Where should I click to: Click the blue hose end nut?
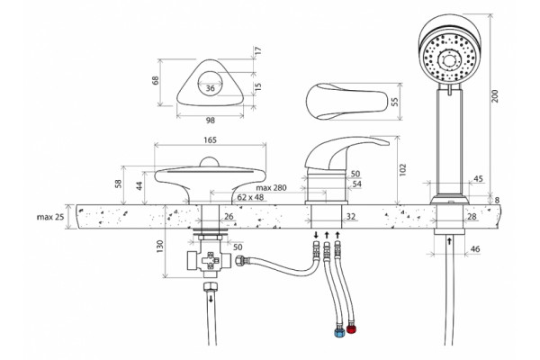(339, 331)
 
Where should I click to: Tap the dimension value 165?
(210, 139)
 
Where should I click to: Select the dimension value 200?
(495, 95)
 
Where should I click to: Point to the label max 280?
(271, 188)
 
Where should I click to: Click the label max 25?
(50, 217)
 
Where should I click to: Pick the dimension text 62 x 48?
(250, 197)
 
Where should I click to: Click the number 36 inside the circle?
(210, 88)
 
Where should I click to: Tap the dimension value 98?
(210, 121)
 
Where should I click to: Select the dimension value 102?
(403, 170)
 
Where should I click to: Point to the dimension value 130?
(160, 247)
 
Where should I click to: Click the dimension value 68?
(156, 80)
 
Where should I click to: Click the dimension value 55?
(395, 102)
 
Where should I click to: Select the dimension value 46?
(475, 248)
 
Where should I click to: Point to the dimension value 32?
(351, 216)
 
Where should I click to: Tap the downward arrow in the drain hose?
(211, 298)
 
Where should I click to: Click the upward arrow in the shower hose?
(449, 241)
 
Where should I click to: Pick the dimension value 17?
(258, 50)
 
